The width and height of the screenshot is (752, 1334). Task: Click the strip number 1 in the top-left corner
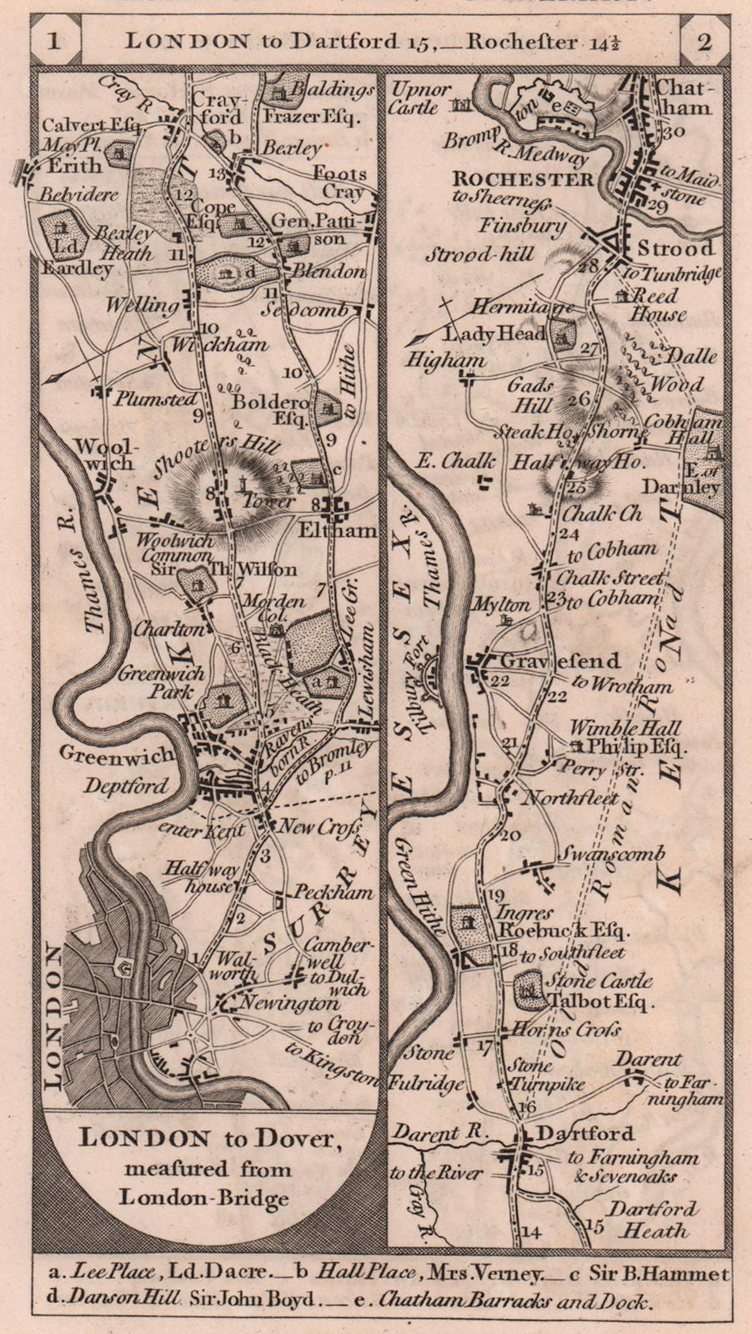point(53,41)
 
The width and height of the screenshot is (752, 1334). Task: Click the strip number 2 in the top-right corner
point(704,42)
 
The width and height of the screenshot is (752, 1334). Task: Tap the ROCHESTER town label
point(523,179)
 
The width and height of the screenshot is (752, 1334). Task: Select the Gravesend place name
point(560,661)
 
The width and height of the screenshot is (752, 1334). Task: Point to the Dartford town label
point(574,1134)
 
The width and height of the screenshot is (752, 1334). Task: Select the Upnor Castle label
point(421,97)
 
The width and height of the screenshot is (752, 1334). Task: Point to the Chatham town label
point(684,97)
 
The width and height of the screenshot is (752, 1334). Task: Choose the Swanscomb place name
point(611,855)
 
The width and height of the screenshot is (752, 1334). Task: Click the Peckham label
point(333,892)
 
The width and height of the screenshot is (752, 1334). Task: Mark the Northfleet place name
point(569,798)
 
